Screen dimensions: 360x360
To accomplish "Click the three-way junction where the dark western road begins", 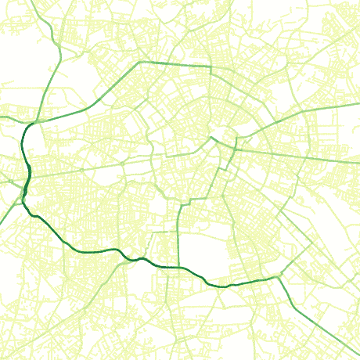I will [33, 124].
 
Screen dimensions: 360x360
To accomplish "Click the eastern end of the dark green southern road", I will [279, 276].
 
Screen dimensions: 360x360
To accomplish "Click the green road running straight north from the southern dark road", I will [179, 235].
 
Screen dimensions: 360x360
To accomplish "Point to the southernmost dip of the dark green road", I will [223, 286].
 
